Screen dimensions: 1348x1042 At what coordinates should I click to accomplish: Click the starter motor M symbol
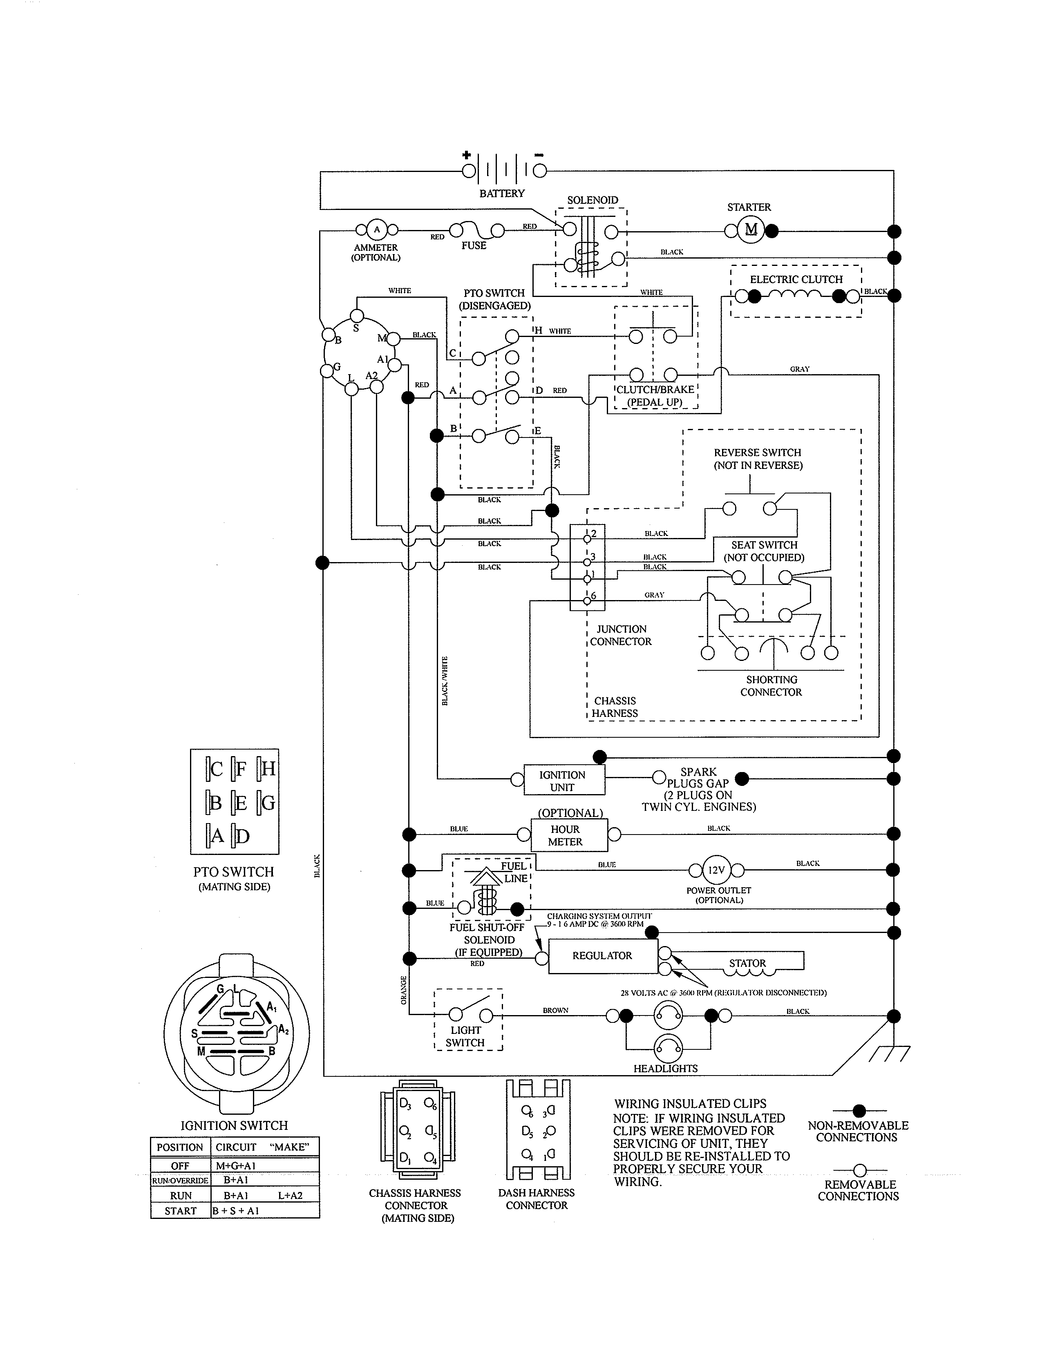(751, 230)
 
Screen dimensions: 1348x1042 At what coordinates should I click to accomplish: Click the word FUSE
(474, 245)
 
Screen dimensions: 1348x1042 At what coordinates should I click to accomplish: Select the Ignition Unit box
(563, 781)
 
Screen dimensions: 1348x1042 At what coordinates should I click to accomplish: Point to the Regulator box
(602, 955)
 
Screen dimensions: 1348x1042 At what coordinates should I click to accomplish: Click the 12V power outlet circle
(716, 870)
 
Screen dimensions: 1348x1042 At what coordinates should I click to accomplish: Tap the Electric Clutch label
(796, 279)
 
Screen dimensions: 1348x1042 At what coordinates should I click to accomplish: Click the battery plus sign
(467, 155)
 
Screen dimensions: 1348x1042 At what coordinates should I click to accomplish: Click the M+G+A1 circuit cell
(235, 1166)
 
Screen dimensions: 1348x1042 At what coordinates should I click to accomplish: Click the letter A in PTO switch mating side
(217, 836)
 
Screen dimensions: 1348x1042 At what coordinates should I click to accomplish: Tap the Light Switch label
(465, 1036)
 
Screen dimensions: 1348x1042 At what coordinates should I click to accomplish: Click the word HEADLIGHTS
(665, 1069)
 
